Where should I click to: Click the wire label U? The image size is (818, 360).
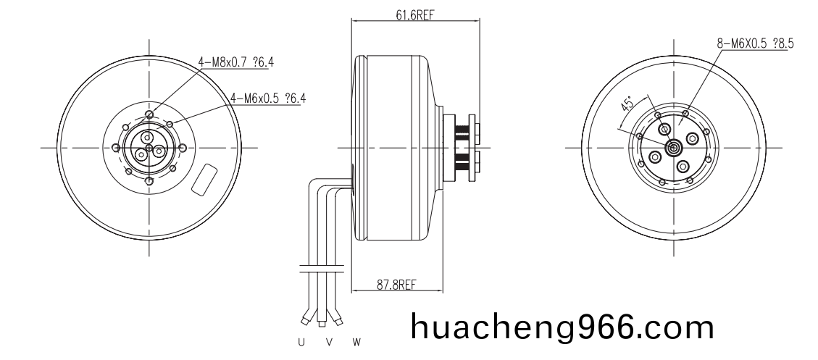click(301, 340)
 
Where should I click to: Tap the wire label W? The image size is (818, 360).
click(356, 340)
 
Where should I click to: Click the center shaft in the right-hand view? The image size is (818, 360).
click(673, 148)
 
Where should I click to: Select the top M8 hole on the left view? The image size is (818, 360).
click(149, 114)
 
